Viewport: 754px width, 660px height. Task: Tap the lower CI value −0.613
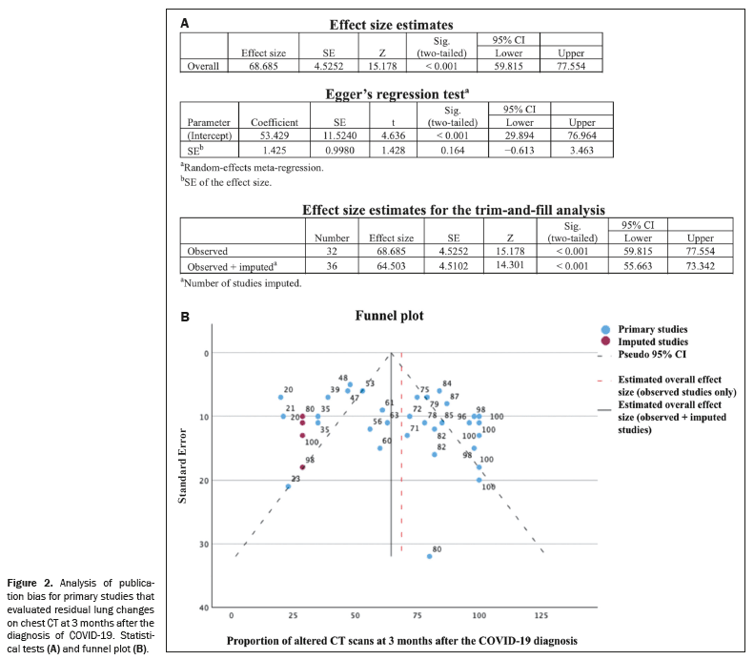[x=520, y=151]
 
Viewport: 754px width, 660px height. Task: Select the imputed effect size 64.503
[x=390, y=266]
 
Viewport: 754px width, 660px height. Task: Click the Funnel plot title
[x=390, y=316]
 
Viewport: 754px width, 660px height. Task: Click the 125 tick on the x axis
[x=542, y=615]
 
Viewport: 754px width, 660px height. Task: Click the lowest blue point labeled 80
[x=430, y=556]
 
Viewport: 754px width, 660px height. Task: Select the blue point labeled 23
[x=288, y=486]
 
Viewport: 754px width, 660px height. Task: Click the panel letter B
[x=186, y=316]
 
